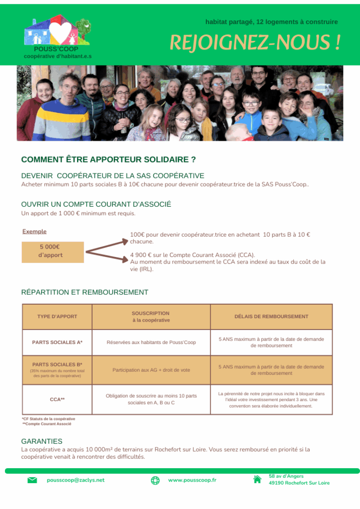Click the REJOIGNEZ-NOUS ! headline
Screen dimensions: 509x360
tap(255, 43)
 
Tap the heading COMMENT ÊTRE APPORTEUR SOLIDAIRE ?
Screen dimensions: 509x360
tap(108, 160)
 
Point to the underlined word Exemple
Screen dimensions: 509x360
tap(34, 231)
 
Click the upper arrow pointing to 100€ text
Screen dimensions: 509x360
tap(107, 244)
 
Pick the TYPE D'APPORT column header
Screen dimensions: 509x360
tap(57, 317)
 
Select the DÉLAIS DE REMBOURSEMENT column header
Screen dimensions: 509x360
tap(271, 317)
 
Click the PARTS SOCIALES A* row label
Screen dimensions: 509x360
tap(57, 342)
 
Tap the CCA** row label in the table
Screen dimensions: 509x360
tap(57, 399)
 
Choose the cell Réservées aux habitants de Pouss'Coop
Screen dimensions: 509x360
tap(151, 342)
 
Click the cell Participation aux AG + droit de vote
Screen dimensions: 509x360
tap(151, 370)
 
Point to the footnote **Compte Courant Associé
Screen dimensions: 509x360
tap(47, 424)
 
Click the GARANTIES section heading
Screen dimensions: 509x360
tap(42, 441)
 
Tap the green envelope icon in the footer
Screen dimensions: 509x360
tap(32, 480)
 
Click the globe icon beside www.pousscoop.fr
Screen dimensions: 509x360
tap(155, 480)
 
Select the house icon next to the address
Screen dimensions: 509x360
tap(257, 480)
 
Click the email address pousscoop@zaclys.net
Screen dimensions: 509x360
tap(76, 480)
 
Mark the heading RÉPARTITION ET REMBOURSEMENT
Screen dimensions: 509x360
tap(85, 292)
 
